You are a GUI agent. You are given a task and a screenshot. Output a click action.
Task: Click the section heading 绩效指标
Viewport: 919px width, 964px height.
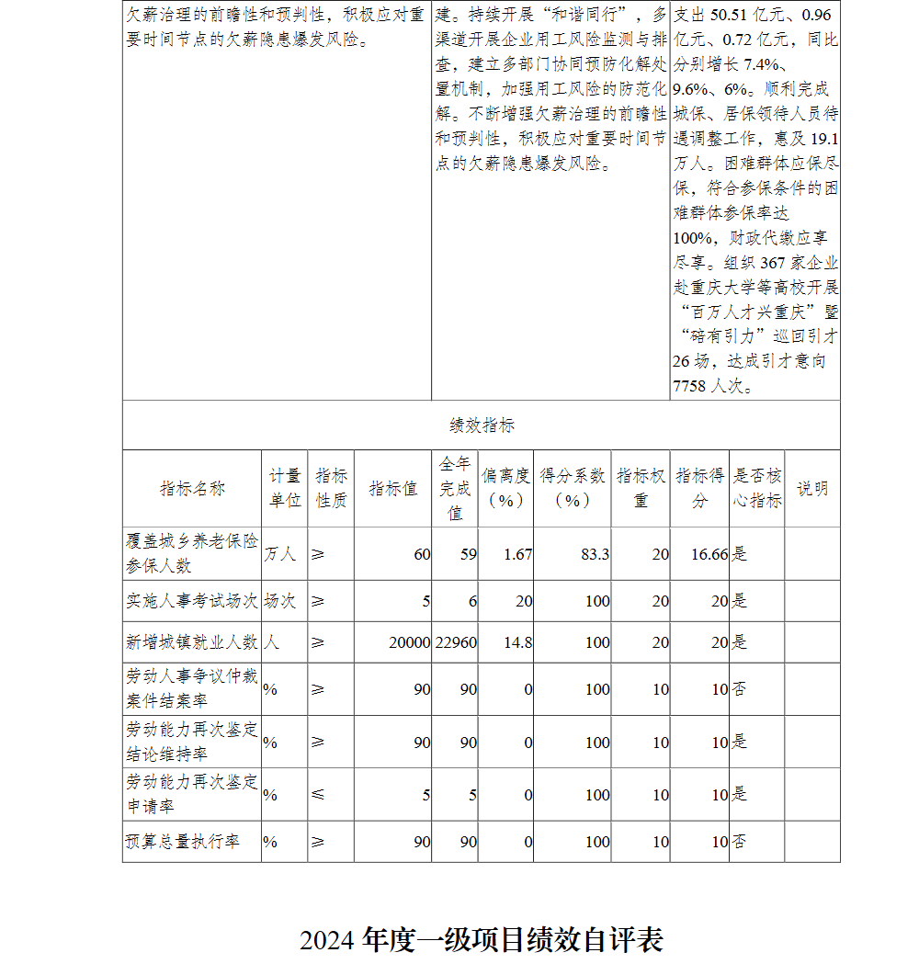(x=482, y=425)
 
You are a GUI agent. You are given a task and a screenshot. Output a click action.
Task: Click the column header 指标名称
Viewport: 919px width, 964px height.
(x=192, y=489)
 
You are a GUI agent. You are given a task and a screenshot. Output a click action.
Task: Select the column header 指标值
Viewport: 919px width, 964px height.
(x=392, y=489)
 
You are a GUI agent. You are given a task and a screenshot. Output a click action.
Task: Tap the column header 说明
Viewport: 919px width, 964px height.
(x=811, y=489)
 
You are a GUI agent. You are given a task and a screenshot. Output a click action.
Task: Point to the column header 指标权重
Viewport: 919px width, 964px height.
(x=641, y=488)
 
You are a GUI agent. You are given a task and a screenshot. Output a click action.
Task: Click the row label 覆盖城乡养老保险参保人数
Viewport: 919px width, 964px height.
(x=192, y=553)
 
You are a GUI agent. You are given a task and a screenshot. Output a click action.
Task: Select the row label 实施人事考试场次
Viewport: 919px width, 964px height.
(x=192, y=601)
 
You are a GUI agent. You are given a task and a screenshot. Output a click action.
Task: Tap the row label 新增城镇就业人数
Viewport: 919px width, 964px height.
(x=192, y=642)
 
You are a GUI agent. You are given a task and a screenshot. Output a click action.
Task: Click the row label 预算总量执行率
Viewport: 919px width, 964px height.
(x=182, y=841)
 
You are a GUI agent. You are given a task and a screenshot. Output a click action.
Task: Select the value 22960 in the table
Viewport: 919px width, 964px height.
(x=456, y=642)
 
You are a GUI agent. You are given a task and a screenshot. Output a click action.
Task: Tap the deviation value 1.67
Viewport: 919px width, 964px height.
(x=517, y=554)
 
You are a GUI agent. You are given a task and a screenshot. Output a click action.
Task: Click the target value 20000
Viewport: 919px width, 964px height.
(x=409, y=642)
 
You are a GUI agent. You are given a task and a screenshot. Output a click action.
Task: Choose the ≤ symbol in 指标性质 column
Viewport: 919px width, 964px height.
(x=318, y=794)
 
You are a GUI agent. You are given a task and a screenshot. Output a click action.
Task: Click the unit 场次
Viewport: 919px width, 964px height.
(x=280, y=601)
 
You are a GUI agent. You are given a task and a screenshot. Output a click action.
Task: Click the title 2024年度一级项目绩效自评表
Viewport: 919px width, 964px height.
(x=481, y=939)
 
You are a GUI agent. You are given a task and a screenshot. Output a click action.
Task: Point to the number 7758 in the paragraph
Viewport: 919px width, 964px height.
(x=690, y=386)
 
